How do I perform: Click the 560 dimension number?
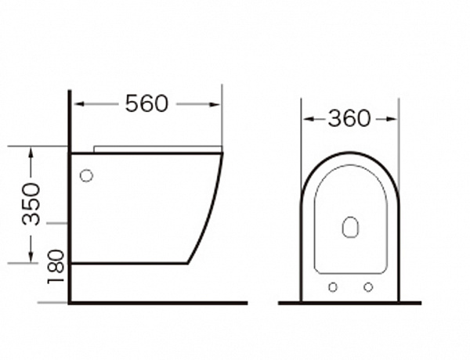click(146, 103)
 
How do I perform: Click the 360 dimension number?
click(349, 118)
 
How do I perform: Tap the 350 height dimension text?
click(31, 204)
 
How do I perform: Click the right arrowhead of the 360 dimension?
click(392, 119)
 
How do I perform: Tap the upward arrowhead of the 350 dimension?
click(31, 153)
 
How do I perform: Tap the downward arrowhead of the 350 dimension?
click(31, 257)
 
